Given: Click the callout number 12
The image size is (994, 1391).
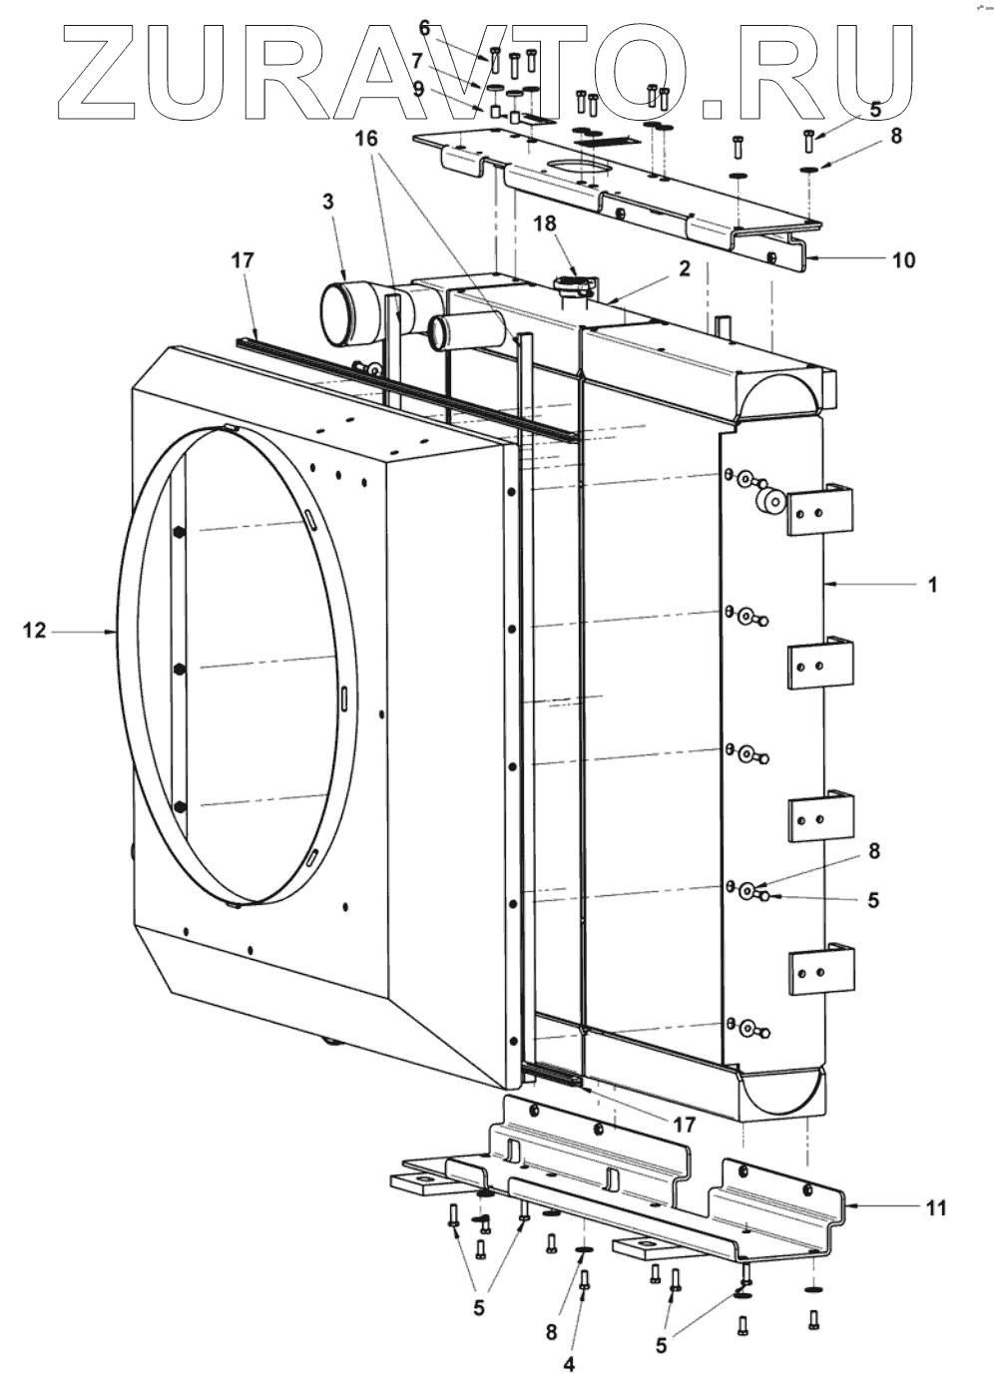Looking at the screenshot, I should pyautogui.click(x=35, y=631).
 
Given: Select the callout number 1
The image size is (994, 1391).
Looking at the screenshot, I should pyautogui.click(x=932, y=585).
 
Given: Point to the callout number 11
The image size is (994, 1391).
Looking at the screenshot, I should pyautogui.click(x=935, y=1207).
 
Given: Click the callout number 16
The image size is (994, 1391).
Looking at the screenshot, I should pyautogui.click(x=369, y=139).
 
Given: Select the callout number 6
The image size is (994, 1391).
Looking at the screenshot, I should pyautogui.click(x=424, y=27).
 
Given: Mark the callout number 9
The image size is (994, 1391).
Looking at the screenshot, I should pyautogui.click(x=418, y=88).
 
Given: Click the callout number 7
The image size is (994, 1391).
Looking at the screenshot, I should pyautogui.click(x=418, y=60).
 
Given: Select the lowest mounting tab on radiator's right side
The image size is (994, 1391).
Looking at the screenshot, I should pyautogui.click(x=822, y=970).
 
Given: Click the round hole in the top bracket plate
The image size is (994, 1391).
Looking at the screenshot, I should pyautogui.click(x=574, y=167).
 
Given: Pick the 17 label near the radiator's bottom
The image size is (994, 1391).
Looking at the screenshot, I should pyautogui.click(x=683, y=1124).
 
